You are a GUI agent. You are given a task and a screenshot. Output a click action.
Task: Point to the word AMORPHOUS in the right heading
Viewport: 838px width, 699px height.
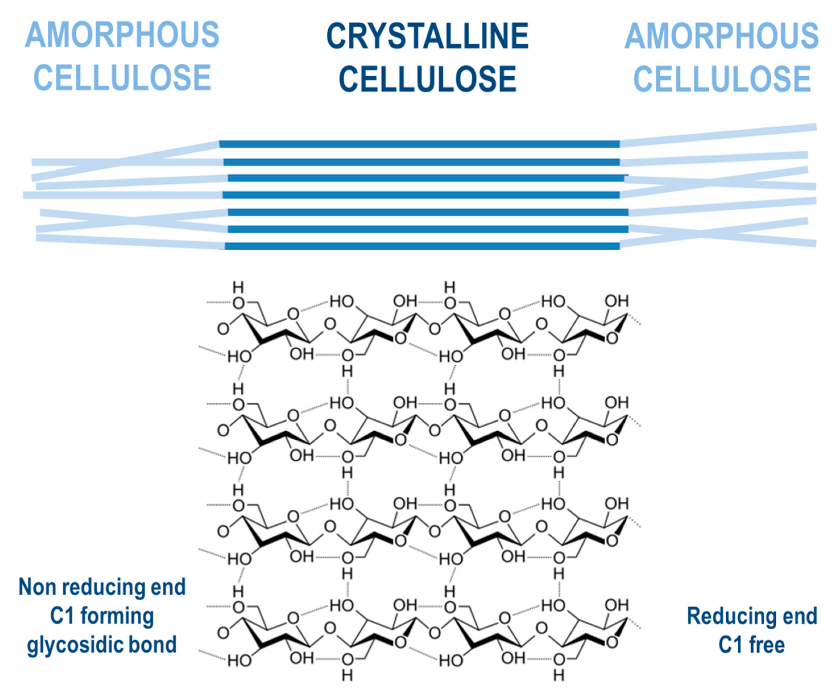coord(721,36)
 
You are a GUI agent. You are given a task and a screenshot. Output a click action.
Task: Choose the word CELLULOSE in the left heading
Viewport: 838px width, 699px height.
coord(122,78)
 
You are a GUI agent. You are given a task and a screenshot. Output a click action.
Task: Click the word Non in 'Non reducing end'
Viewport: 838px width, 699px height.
coord(37,587)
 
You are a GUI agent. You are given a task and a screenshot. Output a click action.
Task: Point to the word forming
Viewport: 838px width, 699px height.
coord(117,616)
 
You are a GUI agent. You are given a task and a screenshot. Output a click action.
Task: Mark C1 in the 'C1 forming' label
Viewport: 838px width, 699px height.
coord(62,616)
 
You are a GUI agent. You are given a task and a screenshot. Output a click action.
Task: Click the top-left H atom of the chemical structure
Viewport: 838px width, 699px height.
coord(238,287)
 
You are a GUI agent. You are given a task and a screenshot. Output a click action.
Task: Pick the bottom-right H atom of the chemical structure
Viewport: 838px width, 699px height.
coord(559,675)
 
